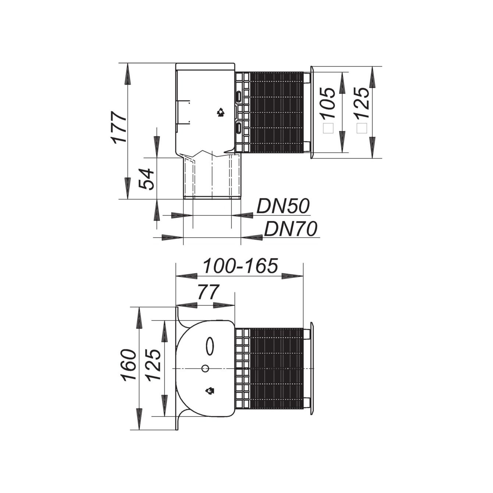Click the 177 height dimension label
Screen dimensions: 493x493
click(118, 127)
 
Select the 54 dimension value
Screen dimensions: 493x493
click(146, 179)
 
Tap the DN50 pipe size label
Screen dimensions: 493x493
click(283, 206)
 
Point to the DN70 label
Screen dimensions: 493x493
click(291, 229)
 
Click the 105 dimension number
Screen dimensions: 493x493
click(328, 103)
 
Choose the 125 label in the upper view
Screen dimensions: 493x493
click(362, 103)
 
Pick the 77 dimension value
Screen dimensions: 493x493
click(208, 292)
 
